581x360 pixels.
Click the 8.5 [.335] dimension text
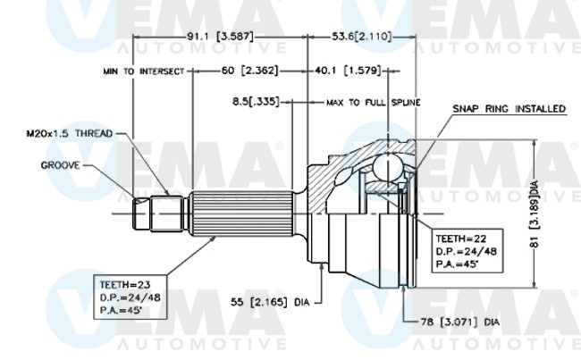pyautogui.click(x=255, y=102)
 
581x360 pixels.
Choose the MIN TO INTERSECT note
pyautogui.click(x=142, y=70)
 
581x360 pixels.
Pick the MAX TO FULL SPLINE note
pyautogui.click(x=373, y=103)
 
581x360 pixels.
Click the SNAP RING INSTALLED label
pyautogui.click(x=509, y=109)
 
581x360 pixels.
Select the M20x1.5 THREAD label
pyautogui.click(x=69, y=133)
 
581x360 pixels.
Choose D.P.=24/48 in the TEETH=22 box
pyautogui.click(x=463, y=251)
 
